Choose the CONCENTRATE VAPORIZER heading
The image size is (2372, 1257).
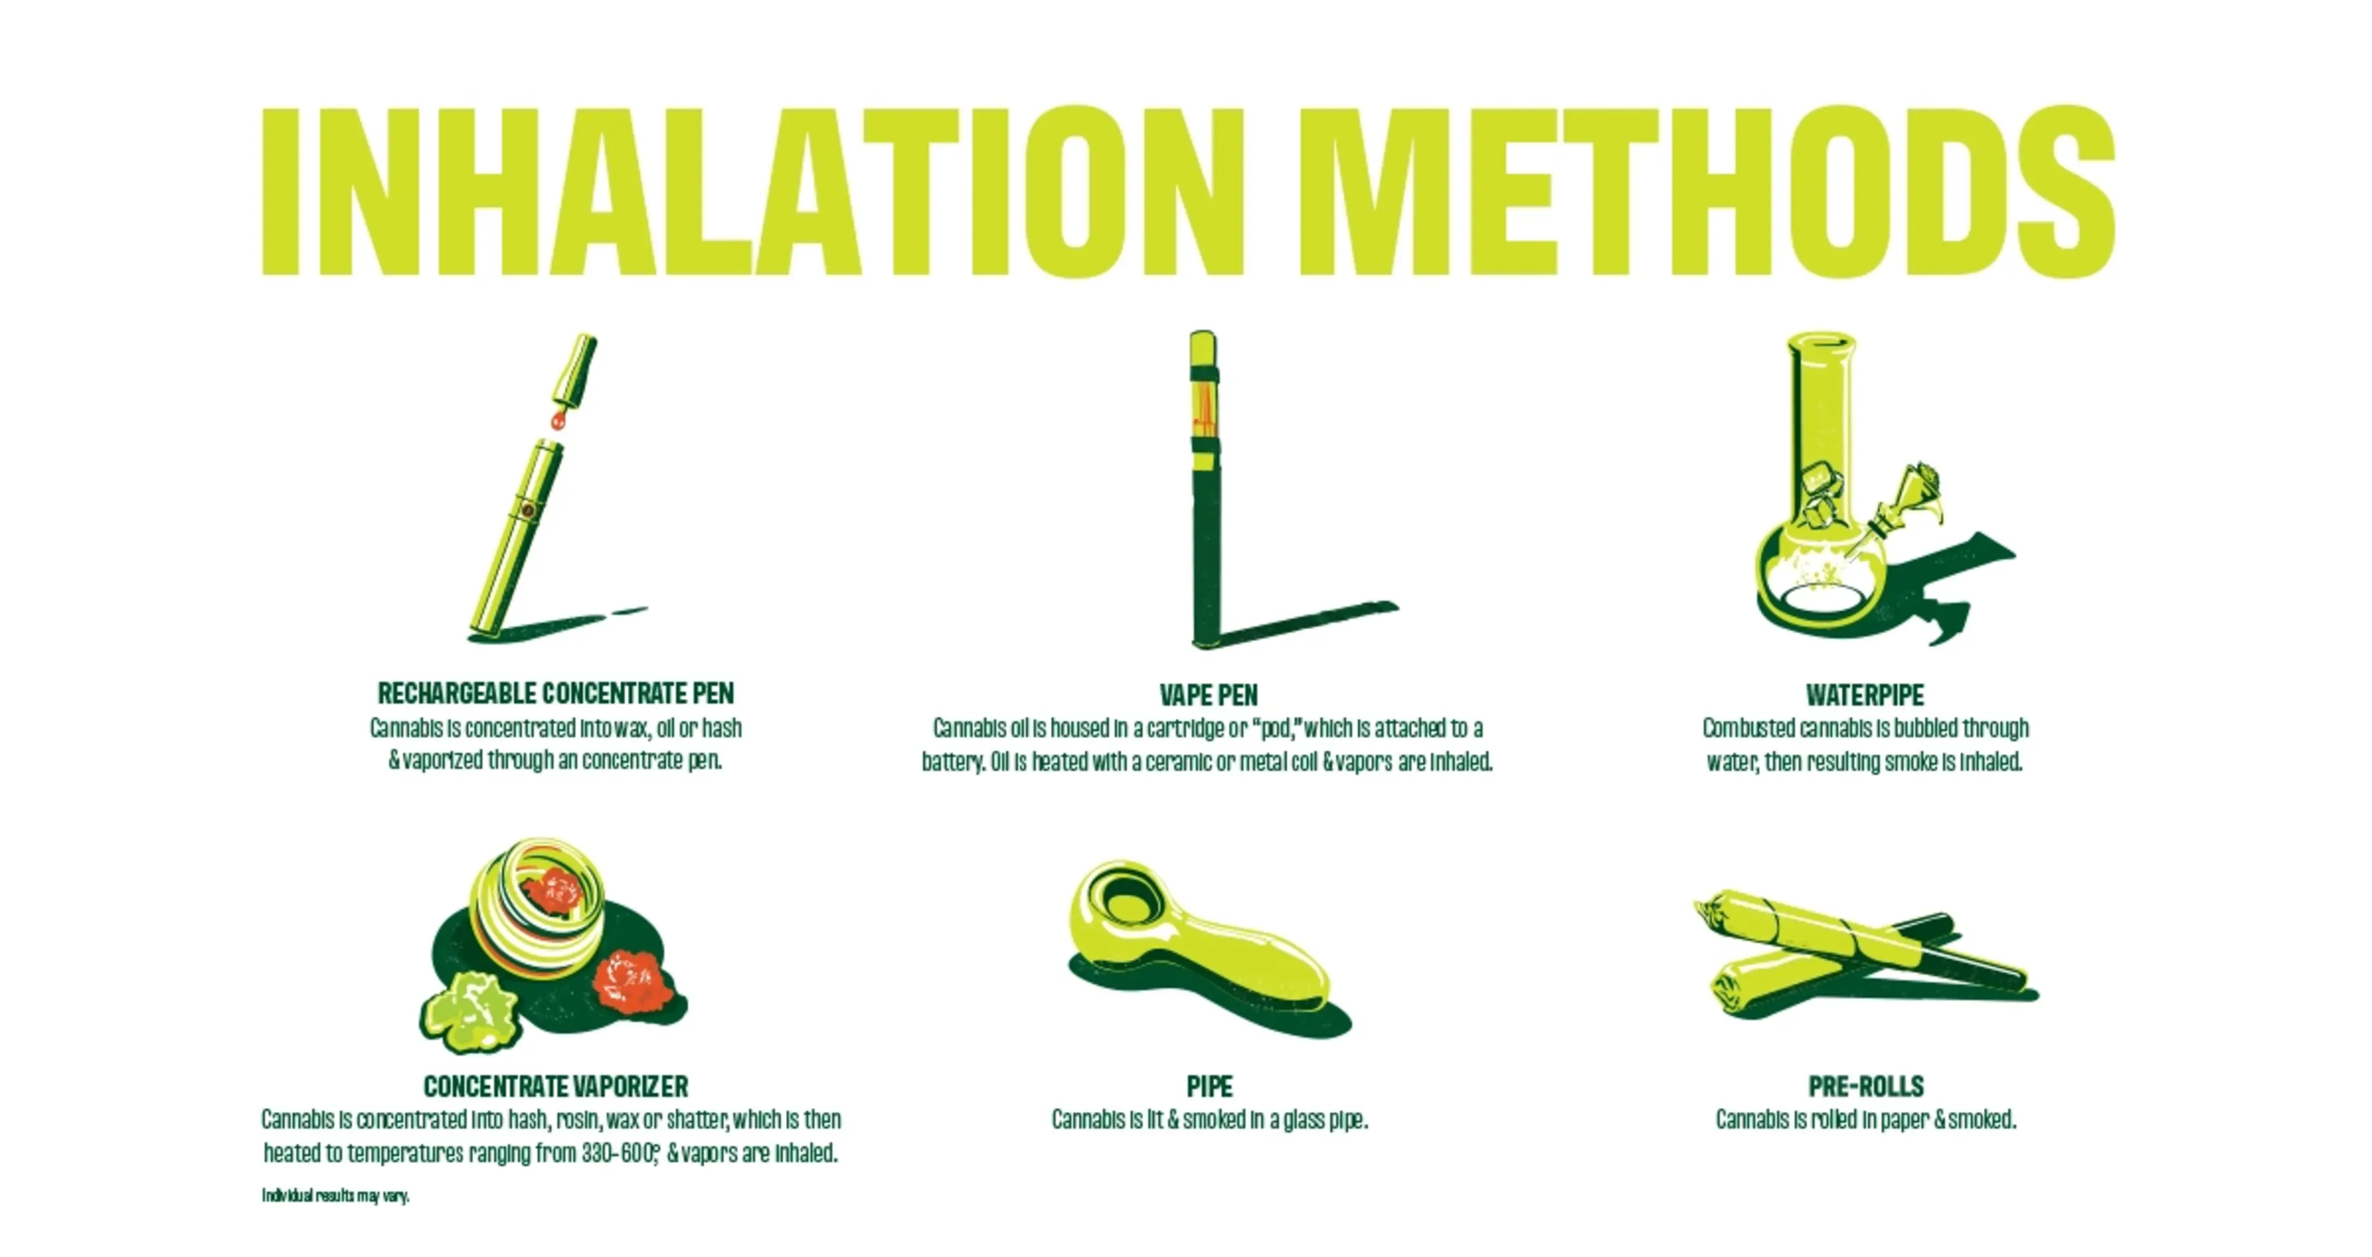click(x=555, y=1087)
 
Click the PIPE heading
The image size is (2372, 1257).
click(x=1209, y=1087)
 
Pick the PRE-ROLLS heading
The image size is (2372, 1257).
click(x=1865, y=1087)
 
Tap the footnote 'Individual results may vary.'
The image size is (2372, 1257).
click(x=335, y=1196)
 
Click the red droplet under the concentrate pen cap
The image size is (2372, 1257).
click(x=557, y=421)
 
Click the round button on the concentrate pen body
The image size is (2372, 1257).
click(x=527, y=509)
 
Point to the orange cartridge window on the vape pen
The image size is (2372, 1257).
click(x=1203, y=410)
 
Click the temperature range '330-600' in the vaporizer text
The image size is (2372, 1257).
click(x=617, y=1153)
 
